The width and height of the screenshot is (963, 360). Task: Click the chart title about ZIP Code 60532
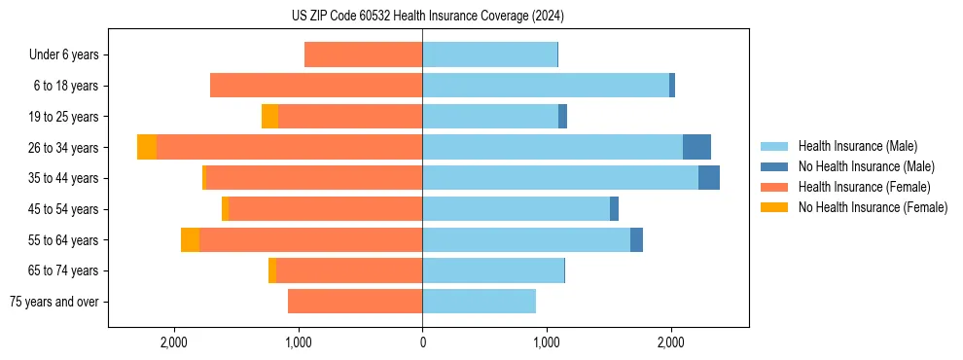point(421,17)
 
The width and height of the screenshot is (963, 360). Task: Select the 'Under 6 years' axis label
point(69,55)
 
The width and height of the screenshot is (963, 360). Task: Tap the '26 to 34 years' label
point(64,148)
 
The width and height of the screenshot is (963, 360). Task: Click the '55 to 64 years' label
point(64,240)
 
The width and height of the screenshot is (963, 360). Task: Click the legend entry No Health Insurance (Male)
point(866,166)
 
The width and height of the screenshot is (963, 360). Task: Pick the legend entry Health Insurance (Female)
point(865,187)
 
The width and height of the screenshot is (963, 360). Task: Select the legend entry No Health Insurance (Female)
point(873,207)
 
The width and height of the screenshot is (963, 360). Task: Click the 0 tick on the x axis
point(422,342)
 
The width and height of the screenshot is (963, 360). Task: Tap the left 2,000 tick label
point(174,342)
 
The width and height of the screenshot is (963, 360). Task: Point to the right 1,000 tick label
point(547,342)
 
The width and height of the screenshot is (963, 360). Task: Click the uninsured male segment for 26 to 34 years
point(696,147)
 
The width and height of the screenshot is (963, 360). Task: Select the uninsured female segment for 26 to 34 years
point(147,147)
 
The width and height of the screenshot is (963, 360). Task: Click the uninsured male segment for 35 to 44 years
point(709,178)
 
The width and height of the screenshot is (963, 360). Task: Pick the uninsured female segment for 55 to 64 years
point(190,239)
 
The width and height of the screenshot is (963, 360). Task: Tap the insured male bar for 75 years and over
point(479,302)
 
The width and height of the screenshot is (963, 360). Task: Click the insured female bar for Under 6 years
point(363,54)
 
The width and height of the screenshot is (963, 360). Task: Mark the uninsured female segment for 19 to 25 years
point(269,117)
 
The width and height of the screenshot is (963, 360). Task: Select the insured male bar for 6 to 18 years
point(545,86)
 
